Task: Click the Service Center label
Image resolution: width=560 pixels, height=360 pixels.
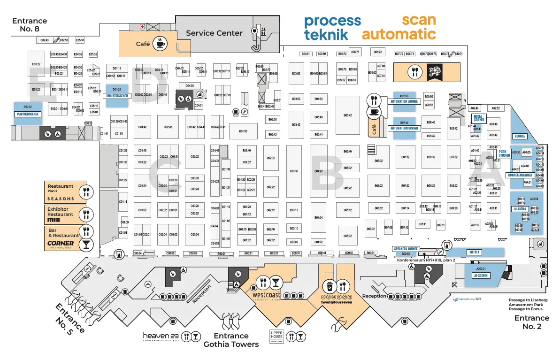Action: click(214, 33)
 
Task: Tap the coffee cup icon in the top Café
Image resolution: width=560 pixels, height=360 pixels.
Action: click(161, 43)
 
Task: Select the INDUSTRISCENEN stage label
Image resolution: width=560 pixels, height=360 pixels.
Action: click(118, 96)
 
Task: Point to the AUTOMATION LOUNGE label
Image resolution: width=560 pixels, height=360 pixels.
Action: click(404, 101)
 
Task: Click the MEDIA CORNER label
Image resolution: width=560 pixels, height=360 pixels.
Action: click(478, 118)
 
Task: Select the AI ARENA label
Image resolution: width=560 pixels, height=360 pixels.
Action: click(520, 208)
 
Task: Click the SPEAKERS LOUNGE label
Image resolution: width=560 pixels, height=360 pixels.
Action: click(406, 249)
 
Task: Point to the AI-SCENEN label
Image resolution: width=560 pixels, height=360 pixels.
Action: click(482, 276)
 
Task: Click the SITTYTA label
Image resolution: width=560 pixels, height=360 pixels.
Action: click(474, 252)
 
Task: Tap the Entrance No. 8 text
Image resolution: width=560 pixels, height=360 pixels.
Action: click(30, 24)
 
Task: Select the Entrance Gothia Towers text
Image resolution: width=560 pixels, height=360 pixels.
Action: click(230, 340)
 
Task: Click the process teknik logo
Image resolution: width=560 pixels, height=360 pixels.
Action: click(332, 28)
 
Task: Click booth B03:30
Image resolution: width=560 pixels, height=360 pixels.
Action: click(294, 171)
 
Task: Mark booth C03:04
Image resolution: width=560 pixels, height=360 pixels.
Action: click(194, 234)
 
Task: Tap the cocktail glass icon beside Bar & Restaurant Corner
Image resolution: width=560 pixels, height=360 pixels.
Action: click(86, 244)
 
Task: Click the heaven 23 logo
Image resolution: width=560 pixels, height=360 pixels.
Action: click(161, 336)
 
